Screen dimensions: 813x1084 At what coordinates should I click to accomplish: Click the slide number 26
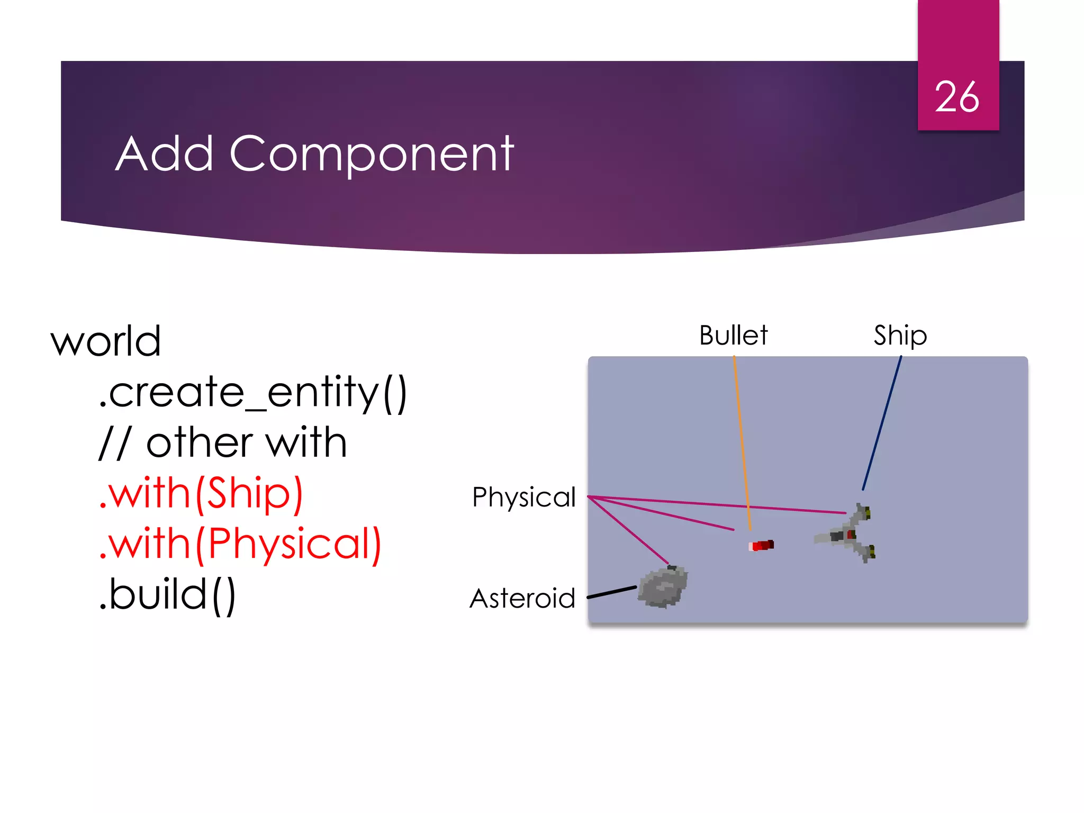[x=956, y=97]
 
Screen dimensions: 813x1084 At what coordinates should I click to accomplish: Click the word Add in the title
[x=164, y=154]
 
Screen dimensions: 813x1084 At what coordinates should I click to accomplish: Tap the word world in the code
[x=106, y=341]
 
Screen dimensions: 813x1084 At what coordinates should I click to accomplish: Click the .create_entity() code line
[x=252, y=392]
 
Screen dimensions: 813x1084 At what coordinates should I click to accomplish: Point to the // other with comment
[x=223, y=442]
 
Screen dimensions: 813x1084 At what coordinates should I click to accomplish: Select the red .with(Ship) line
[x=201, y=493]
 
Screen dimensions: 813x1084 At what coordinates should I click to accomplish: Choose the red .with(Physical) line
[x=240, y=544]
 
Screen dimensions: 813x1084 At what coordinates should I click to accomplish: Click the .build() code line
[x=167, y=595]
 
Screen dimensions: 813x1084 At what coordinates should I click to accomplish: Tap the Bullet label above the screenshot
[x=733, y=335]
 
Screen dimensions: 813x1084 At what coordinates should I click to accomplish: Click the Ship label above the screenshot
[x=900, y=336]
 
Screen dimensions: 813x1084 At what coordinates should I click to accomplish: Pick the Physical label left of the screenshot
[x=523, y=497]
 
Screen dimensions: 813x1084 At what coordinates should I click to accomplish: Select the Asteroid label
[x=522, y=599]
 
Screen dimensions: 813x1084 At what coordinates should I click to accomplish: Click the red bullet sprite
[x=762, y=545]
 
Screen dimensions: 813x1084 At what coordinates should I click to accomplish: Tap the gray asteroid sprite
[x=663, y=587]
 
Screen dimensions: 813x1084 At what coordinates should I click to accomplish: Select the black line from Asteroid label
[x=612, y=592]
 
